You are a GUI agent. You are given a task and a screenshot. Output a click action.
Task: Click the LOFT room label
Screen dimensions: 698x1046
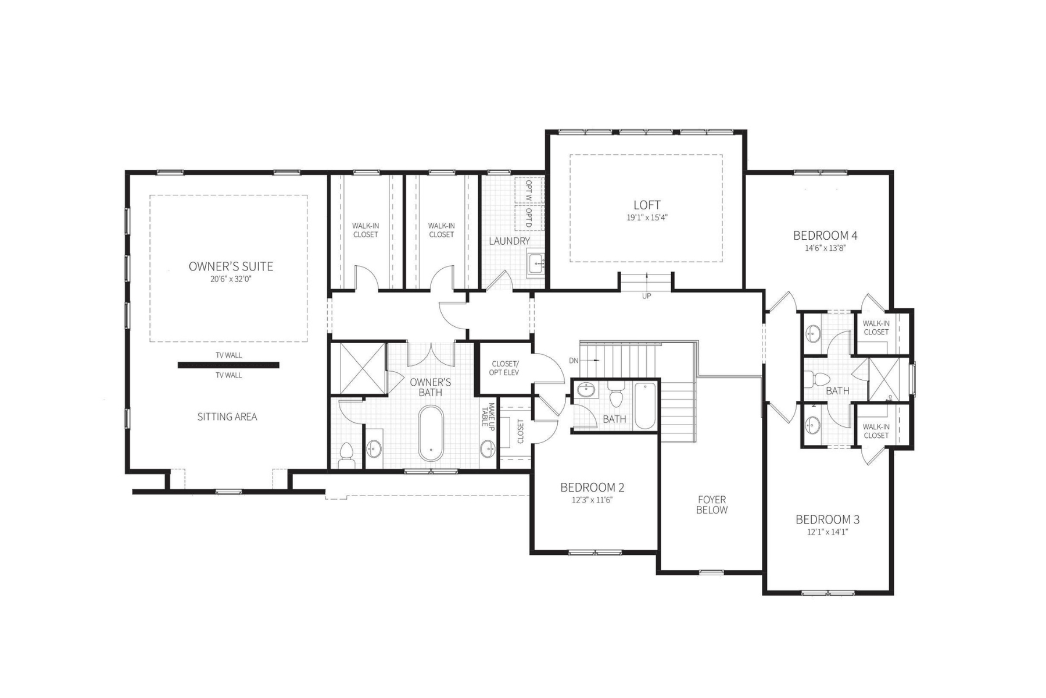coord(646,205)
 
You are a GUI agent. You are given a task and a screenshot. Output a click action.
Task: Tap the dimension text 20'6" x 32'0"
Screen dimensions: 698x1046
coord(231,279)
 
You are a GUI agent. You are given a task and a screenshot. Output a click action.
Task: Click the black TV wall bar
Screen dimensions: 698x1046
coord(228,365)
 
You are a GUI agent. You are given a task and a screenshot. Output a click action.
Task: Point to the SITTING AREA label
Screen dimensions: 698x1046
coord(227,416)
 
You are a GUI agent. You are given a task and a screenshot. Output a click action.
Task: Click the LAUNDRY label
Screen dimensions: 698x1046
coord(509,241)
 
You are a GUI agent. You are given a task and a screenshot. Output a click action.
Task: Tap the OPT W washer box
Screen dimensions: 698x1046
coord(528,190)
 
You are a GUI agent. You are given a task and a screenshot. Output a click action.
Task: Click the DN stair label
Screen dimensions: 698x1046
coord(574,361)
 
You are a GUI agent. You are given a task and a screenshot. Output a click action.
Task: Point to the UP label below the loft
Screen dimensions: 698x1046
coord(646,296)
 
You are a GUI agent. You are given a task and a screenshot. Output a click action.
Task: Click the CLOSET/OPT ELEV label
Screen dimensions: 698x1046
coord(504,368)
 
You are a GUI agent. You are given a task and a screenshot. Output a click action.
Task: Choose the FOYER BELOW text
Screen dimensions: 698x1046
coord(711,504)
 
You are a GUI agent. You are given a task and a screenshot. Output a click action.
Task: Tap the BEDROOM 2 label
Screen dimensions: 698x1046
coord(592,487)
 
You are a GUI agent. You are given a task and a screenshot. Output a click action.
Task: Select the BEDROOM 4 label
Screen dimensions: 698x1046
coord(825,236)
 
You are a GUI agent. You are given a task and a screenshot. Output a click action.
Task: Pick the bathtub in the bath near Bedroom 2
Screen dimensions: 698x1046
coord(645,405)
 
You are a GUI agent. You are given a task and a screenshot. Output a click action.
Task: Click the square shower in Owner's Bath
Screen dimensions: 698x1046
coord(362,368)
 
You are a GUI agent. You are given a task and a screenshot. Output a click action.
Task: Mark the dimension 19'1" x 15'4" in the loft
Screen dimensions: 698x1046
coord(646,218)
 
